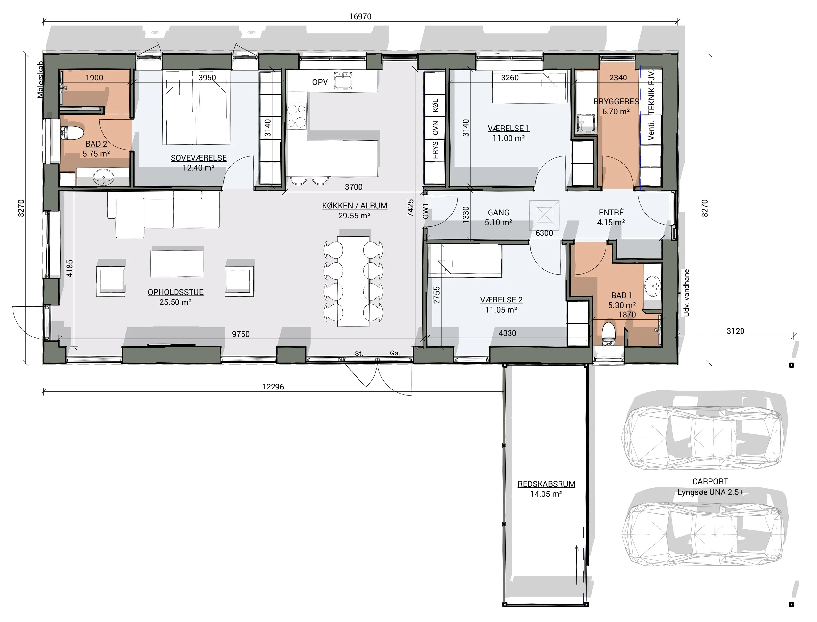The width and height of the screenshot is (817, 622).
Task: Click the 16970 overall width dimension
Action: point(360,17)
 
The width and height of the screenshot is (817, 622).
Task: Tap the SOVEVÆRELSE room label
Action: point(199,158)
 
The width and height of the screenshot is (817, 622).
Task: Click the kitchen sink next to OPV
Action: point(343,80)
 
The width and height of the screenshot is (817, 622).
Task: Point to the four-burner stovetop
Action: point(296,116)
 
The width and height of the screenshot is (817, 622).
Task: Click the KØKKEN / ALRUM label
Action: point(355,206)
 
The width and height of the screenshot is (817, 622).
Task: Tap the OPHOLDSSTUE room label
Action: point(176,292)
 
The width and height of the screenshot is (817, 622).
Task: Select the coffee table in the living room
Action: point(176,264)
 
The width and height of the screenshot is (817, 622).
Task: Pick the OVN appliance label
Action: point(435,128)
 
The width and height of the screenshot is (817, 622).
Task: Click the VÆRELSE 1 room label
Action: point(509,129)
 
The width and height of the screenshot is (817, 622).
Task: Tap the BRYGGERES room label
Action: point(616,101)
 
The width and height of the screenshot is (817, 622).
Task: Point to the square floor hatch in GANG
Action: point(544,215)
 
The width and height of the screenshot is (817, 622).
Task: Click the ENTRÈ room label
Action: point(611,213)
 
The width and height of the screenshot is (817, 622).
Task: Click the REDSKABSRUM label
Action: point(546,484)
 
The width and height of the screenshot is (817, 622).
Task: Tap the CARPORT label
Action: point(710,482)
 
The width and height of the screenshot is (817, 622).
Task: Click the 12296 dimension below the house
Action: point(273,387)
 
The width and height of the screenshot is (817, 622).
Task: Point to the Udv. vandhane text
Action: point(686,293)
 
